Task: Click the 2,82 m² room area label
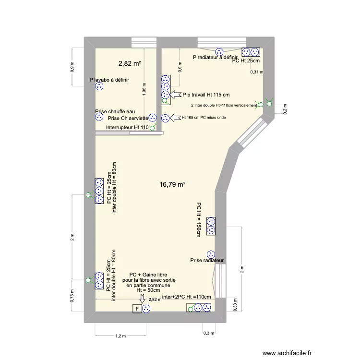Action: [130, 63]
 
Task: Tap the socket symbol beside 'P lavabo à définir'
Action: [99, 87]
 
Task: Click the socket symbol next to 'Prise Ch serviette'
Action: [153, 117]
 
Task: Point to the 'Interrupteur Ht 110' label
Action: [127, 127]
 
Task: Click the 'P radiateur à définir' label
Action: [215, 57]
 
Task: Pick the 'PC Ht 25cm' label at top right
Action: [246, 60]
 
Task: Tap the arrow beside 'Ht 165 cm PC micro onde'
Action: [176, 117]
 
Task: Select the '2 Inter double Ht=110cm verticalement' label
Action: [224, 105]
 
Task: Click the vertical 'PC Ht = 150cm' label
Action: [198, 219]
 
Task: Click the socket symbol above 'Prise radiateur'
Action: [210, 254]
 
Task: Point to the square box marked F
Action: [137, 309]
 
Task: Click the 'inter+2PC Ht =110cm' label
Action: [187, 297]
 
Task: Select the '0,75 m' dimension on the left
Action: [73, 294]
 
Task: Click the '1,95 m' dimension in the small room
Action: [144, 89]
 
